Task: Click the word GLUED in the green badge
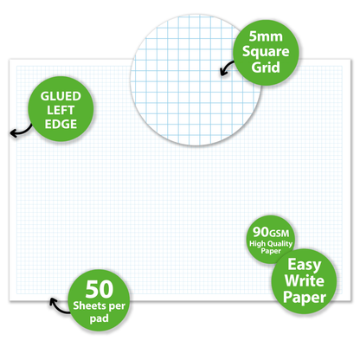(61, 96)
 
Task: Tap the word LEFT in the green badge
(61, 110)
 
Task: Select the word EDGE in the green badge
(61, 124)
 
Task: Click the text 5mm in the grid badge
(266, 36)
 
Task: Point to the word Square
(266, 52)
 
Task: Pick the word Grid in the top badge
(266, 67)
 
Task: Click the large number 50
(100, 289)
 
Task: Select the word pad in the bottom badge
(99, 318)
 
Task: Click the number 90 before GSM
(260, 232)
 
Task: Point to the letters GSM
(279, 233)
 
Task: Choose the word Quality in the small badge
(280, 244)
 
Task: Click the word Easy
(305, 265)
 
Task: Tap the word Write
(305, 280)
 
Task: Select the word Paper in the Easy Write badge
(305, 298)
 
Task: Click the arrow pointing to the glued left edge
(22, 132)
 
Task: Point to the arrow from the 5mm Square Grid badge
(227, 68)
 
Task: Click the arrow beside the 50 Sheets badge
(59, 307)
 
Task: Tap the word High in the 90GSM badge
(257, 244)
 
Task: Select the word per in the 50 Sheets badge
(117, 306)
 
